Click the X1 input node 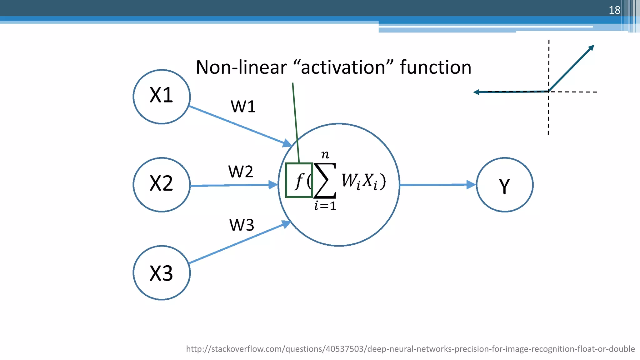point(162,97)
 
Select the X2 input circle point(162,185)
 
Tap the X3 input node point(162,273)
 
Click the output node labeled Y point(504,185)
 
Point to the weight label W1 point(243,107)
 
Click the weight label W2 point(240,172)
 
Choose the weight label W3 point(242,225)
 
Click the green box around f point(299,180)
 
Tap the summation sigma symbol point(325,181)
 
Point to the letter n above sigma point(325,154)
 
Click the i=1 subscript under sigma point(325,206)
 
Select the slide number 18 point(614,10)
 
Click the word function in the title point(435,67)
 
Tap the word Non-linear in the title point(241,67)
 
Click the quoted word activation point(343,67)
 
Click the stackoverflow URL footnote point(410,349)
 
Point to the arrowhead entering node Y point(471,185)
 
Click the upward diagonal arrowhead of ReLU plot point(591,48)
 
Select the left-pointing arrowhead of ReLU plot point(477,92)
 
